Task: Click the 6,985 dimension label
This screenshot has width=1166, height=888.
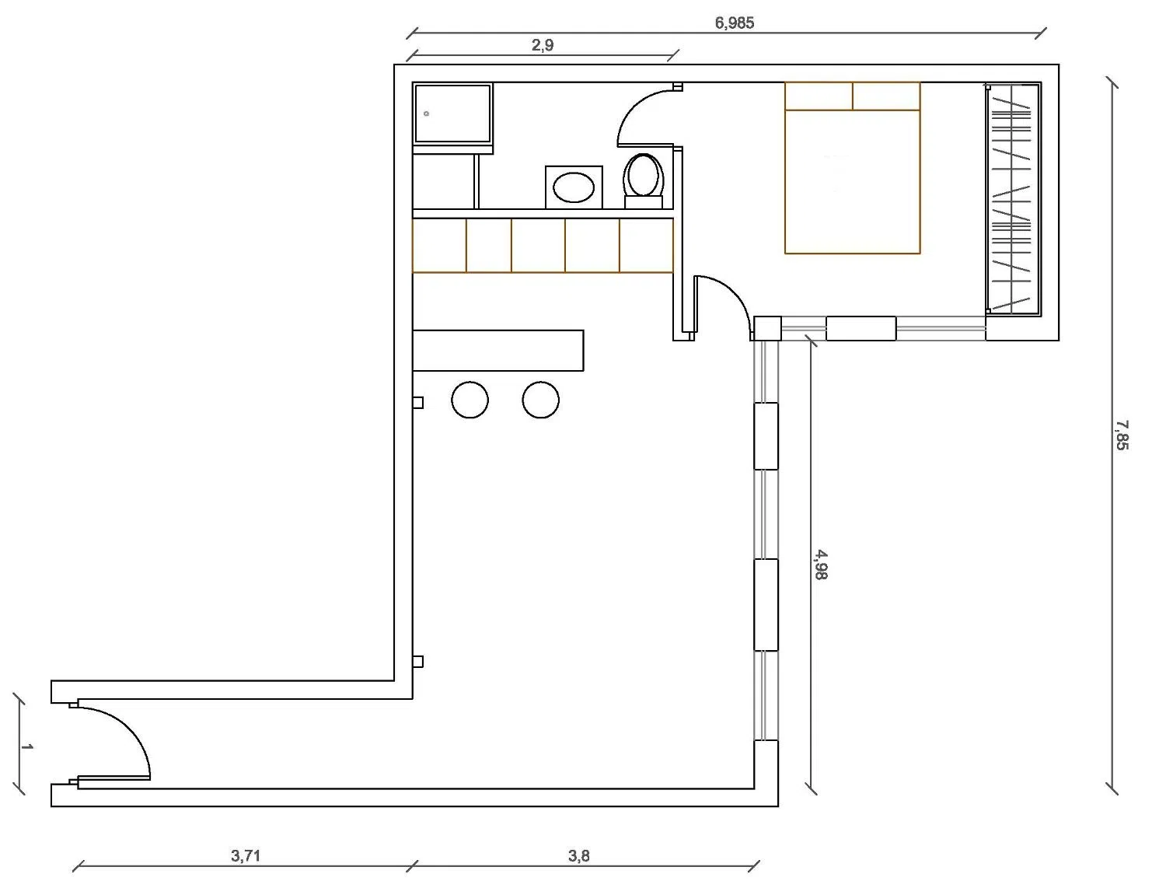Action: pos(734,23)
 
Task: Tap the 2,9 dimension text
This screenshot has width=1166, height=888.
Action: pos(543,45)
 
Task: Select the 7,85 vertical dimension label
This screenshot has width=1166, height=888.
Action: pos(1122,435)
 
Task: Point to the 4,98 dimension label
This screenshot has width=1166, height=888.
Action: pos(821,565)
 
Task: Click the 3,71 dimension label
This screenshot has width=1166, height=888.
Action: pos(246,855)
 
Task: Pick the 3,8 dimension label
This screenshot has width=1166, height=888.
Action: pos(578,855)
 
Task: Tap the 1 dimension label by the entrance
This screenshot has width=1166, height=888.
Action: pos(26,746)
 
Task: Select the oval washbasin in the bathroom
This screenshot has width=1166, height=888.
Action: pos(574,187)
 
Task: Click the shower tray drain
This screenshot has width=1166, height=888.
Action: pos(426,114)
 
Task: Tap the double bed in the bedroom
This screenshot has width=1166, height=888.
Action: pos(852,168)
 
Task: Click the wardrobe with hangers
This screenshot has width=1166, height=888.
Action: pos(1013,199)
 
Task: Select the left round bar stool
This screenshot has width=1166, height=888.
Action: pos(470,400)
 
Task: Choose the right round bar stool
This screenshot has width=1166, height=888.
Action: pos(540,400)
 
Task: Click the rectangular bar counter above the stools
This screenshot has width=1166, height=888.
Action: pos(498,350)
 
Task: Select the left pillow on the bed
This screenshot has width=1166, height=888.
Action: pos(819,96)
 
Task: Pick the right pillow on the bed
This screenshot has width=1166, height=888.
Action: pos(887,96)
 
